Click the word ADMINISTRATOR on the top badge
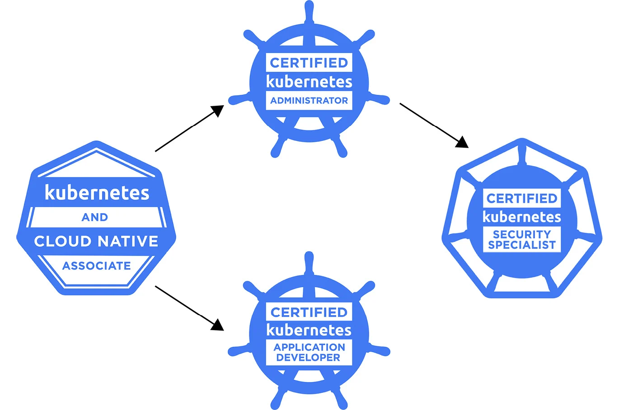[x=309, y=101]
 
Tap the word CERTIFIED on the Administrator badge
[x=309, y=63]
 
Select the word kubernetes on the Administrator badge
[x=309, y=82]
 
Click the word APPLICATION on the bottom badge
[x=309, y=347]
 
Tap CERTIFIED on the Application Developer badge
[x=309, y=312]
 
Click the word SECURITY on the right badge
[x=522, y=234]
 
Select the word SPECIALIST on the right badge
[x=522, y=245]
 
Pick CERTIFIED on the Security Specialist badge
[x=522, y=198]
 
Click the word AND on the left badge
[x=95, y=217]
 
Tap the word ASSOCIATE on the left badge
[x=96, y=266]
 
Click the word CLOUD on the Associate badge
[x=63, y=241]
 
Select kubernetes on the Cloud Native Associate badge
[x=97, y=193]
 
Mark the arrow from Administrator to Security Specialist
[x=434, y=125]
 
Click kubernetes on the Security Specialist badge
[x=522, y=217]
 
